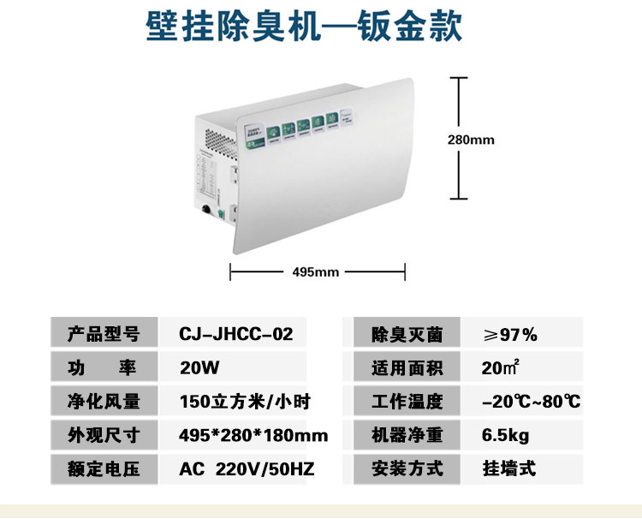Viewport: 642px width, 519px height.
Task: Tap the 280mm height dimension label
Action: (x=472, y=139)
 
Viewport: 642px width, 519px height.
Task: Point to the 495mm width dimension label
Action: (x=316, y=271)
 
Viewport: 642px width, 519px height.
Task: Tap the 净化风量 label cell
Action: (x=103, y=401)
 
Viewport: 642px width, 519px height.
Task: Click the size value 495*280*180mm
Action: (x=253, y=435)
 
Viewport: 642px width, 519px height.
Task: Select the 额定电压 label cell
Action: (x=103, y=468)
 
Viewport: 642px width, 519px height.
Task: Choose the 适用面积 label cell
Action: (x=407, y=367)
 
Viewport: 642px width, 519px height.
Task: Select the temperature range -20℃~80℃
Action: (x=531, y=401)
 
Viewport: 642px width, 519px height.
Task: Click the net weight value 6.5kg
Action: (x=506, y=435)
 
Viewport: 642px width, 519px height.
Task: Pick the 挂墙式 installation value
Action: (x=509, y=468)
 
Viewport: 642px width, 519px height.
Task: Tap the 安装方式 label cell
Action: (x=407, y=468)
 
